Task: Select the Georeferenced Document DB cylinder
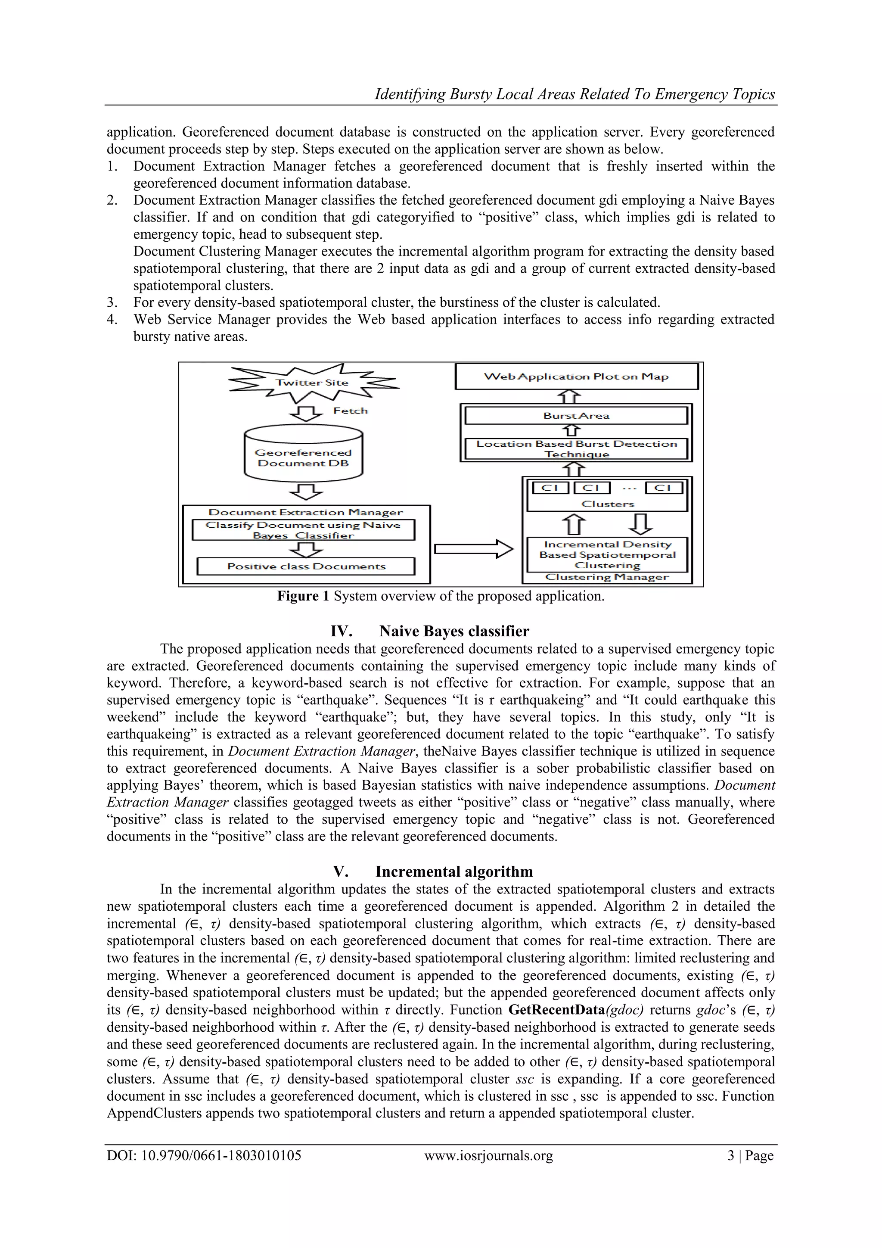click(303, 454)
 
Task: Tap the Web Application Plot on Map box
click(576, 377)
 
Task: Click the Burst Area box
click(576, 416)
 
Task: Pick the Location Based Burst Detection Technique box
click(576, 449)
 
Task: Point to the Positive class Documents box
click(306, 566)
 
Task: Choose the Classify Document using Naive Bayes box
click(303, 530)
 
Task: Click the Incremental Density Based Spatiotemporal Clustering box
click(607, 554)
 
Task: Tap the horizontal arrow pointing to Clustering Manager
click(473, 549)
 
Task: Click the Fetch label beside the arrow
click(351, 411)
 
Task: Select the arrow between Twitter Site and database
click(306, 413)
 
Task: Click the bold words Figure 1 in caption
click(303, 596)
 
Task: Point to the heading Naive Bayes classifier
click(454, 631)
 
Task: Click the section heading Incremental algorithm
click(454, 872)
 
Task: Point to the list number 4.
click(112, 320)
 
